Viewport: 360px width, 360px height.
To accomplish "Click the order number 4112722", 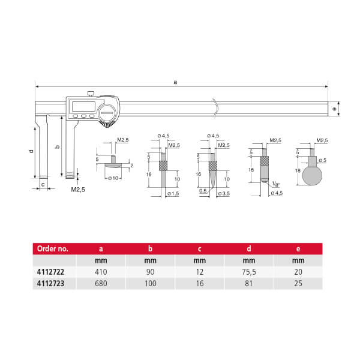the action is click(50, 272).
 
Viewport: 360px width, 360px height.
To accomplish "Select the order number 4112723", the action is click(50, 283).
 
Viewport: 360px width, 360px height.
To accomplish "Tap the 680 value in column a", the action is click(101, 283).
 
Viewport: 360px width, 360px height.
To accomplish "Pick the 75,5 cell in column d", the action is click(249, 272).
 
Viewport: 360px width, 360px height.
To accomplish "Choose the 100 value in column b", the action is click(151, 283).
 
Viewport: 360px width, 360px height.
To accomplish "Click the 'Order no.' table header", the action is click(53, 248).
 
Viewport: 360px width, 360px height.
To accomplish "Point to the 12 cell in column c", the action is click(200, 272).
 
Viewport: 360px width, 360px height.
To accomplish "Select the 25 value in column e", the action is click(298, 283).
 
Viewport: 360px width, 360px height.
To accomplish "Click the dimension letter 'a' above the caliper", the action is click(175, 82).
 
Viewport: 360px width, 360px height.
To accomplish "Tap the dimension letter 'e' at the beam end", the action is click(334, 109).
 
